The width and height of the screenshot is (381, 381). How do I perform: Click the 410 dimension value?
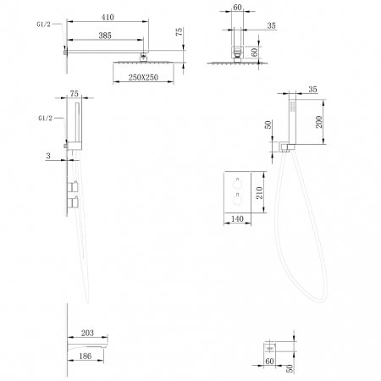(x=108, y=17)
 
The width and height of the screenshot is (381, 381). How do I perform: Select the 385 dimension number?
(x=105, y=36)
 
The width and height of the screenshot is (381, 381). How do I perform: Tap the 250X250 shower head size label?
(x=143, y=77)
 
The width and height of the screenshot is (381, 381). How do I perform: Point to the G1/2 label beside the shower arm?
(x=43, y=25)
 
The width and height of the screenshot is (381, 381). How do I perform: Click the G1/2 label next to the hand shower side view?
(x=46, y=118)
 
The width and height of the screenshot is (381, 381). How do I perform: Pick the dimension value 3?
(x=48, y=156)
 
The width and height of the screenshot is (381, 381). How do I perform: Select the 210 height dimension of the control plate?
(x=259, y=192)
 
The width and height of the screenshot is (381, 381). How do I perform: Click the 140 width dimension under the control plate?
(x=237, y=218)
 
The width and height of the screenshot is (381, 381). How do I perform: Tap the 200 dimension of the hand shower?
(x=319, y=122)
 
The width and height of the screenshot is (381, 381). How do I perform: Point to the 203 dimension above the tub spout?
(x=87, y=333)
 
